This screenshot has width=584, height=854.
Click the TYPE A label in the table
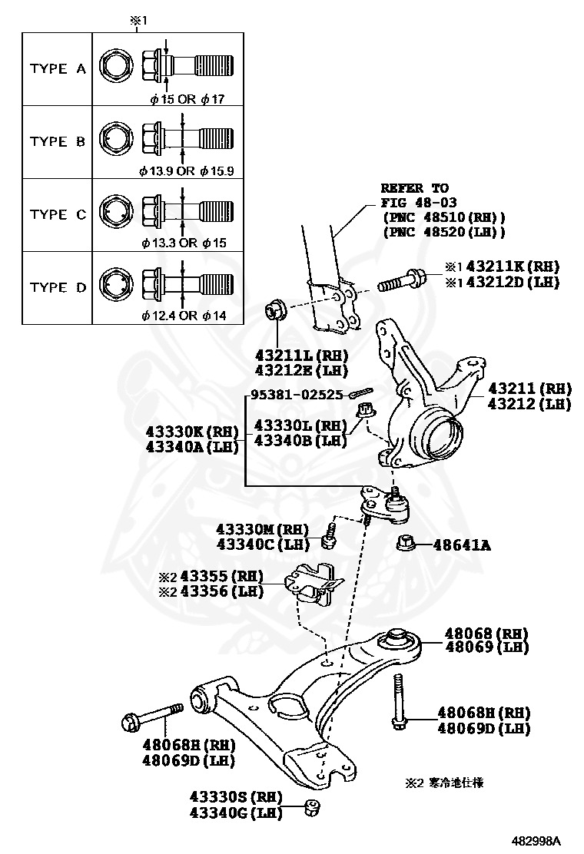coord(58,68)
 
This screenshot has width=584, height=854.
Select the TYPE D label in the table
coord(58,287)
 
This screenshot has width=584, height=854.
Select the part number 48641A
coord(462,546)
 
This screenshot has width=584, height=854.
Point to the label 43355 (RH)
coord(217,577)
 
